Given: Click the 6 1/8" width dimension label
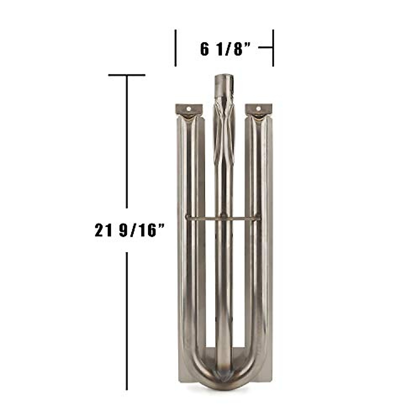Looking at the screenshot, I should click(x=226, y=49).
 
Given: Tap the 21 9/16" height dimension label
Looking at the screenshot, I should click(x=129, y=231).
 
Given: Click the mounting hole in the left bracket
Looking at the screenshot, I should click(x=189, y=108).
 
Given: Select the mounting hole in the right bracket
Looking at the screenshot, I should click(x=259, y=108).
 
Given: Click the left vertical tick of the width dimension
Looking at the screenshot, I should click(x=176, y=48).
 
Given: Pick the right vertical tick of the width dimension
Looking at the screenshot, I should click(x=273, y=48).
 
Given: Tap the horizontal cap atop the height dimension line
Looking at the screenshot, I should click(x=127, y=75).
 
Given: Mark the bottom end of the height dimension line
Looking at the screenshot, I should click(x=127, y=388).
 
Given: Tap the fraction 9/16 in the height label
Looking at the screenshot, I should click(x=139, y=231).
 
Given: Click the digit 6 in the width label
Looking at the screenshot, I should click(x=204, y=49).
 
